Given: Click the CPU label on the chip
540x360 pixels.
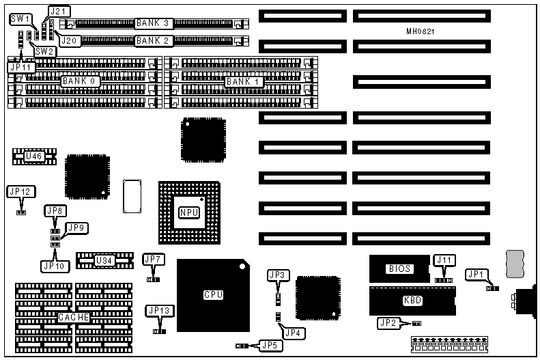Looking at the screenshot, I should (214, 294).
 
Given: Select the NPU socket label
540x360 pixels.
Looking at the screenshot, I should (188, 212).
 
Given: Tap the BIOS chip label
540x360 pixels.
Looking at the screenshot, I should (400, 268).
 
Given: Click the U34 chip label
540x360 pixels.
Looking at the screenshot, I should (104, 260).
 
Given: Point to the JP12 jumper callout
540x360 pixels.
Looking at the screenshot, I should (18, 191).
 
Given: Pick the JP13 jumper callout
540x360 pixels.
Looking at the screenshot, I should (159, 310).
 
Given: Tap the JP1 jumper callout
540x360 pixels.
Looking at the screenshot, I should (476, 274).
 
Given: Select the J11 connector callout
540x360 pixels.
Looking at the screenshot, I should (444, 260).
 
